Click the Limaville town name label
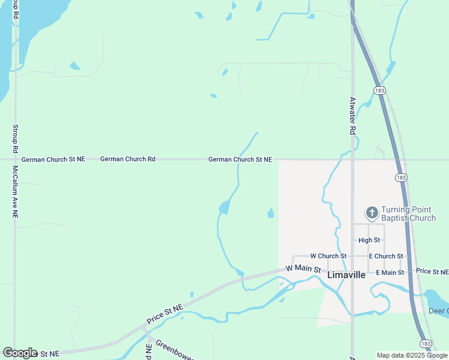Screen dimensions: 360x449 tap(346, 275)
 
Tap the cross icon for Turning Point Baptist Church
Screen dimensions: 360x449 tap(372, 212)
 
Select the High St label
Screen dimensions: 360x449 tap(369, 240)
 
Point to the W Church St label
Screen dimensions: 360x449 tap(328, 256)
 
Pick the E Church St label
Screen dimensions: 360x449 tap(386, 256)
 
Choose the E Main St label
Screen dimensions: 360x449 tap(390, 272)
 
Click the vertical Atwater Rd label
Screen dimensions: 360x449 tap(353, 116)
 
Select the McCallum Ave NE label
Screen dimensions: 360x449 tap(15, 192)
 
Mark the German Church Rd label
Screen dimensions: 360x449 tap(128, 159)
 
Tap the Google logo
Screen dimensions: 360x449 tap(20, 353)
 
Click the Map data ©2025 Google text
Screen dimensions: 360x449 tap(412, 355)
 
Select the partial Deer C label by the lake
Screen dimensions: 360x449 tap(439, 311)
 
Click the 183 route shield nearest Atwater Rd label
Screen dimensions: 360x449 tap(379, 90)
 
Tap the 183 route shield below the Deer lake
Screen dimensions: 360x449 tap(426, 343)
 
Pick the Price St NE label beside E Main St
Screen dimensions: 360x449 tap(432, 272)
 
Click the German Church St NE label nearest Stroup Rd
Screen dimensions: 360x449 tap(53, 159)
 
